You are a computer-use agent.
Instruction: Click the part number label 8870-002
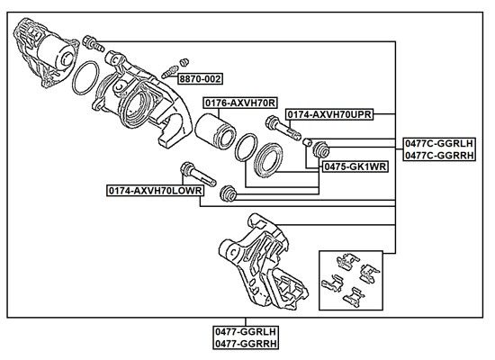click(x=200, y=78)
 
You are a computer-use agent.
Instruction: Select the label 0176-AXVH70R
click(x=240, y=103)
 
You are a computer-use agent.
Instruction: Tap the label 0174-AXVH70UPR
click(x=329, y=114)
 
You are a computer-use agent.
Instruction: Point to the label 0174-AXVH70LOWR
click(x=156, y=191)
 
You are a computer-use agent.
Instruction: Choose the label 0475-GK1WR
click(x=355, y=166)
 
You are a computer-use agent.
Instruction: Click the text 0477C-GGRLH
click(x=439, y=144)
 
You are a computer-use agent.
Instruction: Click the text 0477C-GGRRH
click(x=439, y=156)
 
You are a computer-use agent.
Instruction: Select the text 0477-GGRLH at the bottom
click(x=246, y=332)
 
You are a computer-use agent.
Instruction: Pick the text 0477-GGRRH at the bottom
click(x=246, y=344)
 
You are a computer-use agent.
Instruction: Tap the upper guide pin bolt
click(x=283, y=128)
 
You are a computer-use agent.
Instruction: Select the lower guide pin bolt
click(x=198, y=174)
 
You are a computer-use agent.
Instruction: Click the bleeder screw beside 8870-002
click(x=169, y=72)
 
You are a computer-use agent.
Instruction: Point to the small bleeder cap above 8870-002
click(x=184, y=62)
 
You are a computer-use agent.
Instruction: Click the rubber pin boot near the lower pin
click(x=228, y=193)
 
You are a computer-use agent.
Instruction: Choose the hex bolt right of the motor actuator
click(x=93, y=44)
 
